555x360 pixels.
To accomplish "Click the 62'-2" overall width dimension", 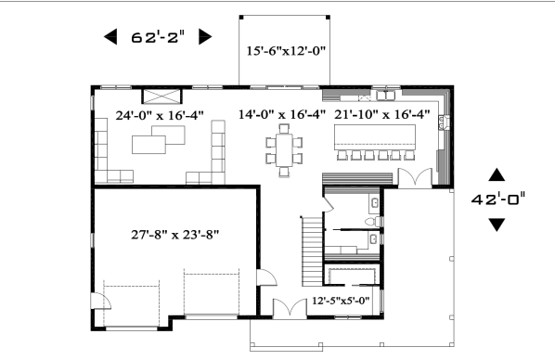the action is coord(158,37).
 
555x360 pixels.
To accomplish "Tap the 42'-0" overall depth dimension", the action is coord(498,199).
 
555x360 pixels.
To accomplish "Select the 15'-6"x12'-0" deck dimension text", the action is coord(286,51).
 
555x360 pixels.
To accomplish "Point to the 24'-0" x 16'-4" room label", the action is coord(160,115).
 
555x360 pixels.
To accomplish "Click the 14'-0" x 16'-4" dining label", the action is coord(282,115).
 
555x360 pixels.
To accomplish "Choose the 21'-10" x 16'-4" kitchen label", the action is coord(382,115).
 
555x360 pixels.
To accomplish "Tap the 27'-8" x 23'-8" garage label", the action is coord(175,235).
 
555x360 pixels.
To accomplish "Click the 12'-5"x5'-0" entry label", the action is coord(341,301).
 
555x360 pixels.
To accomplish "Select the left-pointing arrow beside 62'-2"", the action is coord(110,37).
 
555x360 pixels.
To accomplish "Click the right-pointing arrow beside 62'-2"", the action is coord(205,37).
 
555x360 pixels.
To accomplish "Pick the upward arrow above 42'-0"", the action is coord(497,174).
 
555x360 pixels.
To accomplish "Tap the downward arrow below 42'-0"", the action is coord(497,225).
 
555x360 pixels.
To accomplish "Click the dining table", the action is coord(284,149).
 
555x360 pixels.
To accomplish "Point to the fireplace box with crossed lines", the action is coord(162,96).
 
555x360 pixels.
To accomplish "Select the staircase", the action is coord(313,251).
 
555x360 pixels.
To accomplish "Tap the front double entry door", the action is coord(290,308).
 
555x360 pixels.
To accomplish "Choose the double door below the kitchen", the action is coord(415,177).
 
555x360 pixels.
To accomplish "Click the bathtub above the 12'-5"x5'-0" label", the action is coord(352,276).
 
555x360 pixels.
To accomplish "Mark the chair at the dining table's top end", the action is coord(284,128).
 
